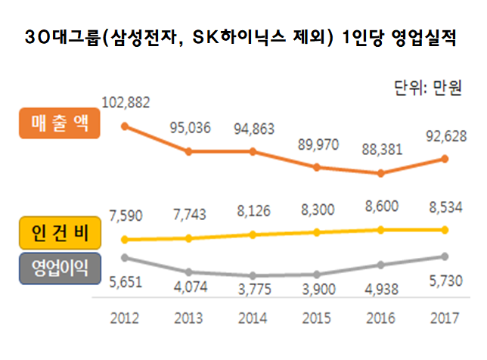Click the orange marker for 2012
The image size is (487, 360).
[x=125, y=126]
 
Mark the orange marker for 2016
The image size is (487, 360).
[x=380, y=173]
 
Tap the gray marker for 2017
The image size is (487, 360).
[x=445, y=256]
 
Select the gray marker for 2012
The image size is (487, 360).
[x=125, y=258]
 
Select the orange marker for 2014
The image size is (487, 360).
[x=253, y=151]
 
